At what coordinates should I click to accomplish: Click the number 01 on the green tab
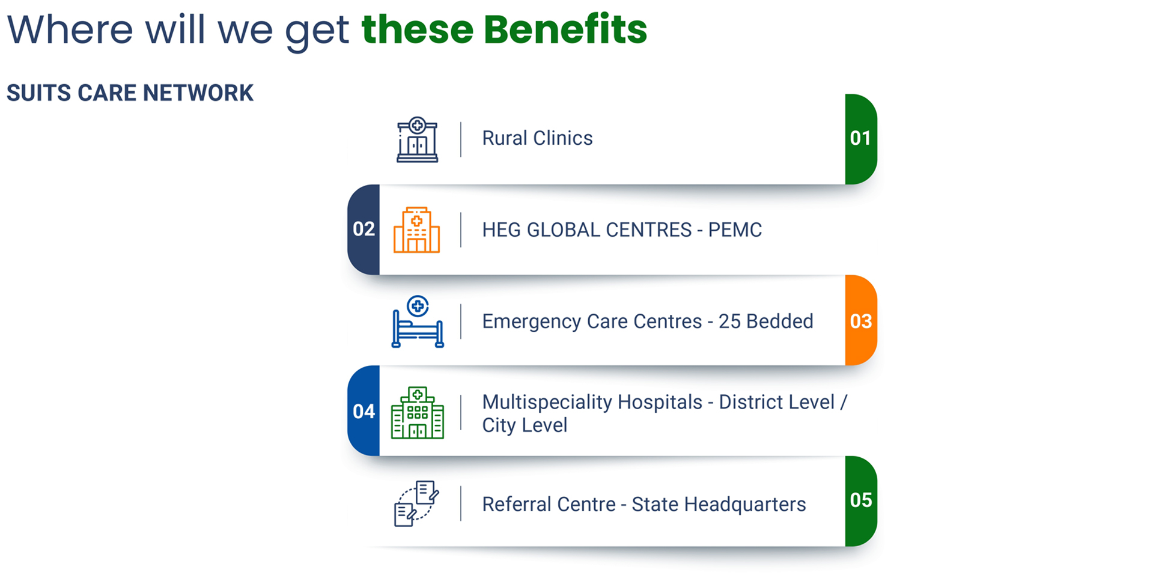pyautogui.click(x=860, y=138)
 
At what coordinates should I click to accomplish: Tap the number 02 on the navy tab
pyautogui.click(x=364, y=229)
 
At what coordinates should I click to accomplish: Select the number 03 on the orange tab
pyautogui.click(x=861, y=321)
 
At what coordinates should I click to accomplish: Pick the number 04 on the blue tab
pyautogui.click(x=364, y=412)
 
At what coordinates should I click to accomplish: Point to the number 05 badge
pyautogui.click(x=861, y=500)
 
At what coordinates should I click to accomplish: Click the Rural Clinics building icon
pyautogui.click(x=417, y=139)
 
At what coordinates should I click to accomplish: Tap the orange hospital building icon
pyautogui.click(x=416, y=230)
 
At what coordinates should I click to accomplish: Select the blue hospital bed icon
pyautogui.click(x=418, y=321)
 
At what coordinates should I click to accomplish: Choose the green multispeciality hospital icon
pyautogui.click(x=418, y=413)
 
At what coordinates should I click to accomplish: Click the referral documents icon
pyautogui.click(x=416, y=503)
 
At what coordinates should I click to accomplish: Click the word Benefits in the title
pyautogui.click(x=565, y=29)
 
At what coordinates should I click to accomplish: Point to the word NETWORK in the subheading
pyautogui.click(x=198, y=93)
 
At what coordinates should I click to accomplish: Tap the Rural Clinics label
pyautogui.click(x=537, y=138)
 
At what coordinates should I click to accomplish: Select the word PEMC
pyautogui.click(x=735, y=230)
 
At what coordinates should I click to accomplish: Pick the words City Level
pyautogui.click(x=525, y=425)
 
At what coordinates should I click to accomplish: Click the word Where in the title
pyautogui.click(x=70, y=29)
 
